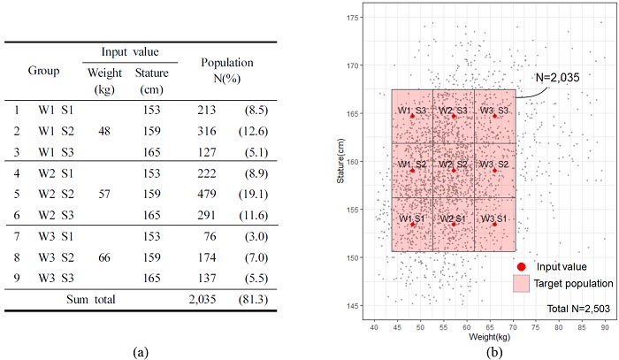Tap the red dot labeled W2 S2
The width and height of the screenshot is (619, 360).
point(454,171)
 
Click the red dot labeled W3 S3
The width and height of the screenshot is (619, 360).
point(495,116)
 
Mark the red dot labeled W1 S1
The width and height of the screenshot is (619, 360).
point(412,225)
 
